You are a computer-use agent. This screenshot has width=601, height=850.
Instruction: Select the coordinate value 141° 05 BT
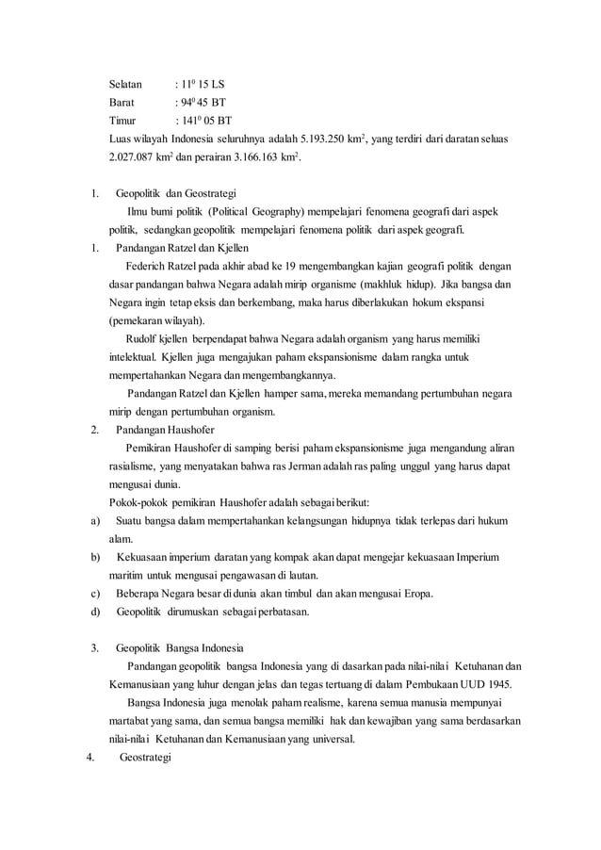coord(208,121)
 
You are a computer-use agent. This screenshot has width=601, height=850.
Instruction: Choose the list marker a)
coord(94,521)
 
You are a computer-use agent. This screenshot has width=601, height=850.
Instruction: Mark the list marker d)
coord(94,612)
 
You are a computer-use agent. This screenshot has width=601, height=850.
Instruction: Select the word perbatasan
coord(280,612)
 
